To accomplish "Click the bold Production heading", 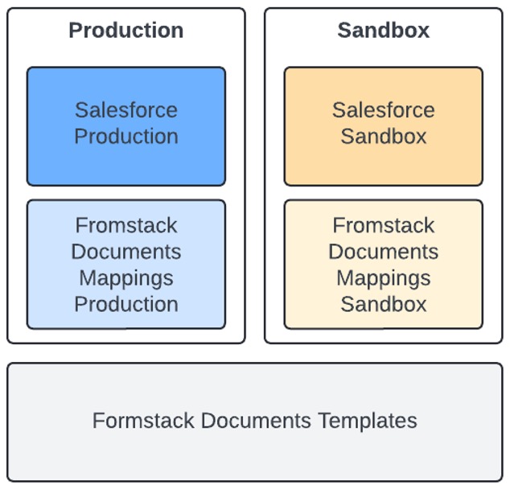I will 125,31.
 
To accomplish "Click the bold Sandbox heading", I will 383,31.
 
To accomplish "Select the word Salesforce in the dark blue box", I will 126,110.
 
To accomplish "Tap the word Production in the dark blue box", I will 126,137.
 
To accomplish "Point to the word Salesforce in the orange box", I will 383,110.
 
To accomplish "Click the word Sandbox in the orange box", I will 383,137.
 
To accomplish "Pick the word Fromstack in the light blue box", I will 126,225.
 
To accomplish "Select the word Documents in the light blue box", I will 126,252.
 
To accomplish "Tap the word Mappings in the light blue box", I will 126,278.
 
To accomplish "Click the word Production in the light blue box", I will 126,304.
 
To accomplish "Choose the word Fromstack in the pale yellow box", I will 383,225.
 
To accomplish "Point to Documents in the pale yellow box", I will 383,252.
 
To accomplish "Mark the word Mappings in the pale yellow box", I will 383,278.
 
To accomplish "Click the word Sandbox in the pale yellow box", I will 383,304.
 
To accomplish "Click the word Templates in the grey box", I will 368,421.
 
